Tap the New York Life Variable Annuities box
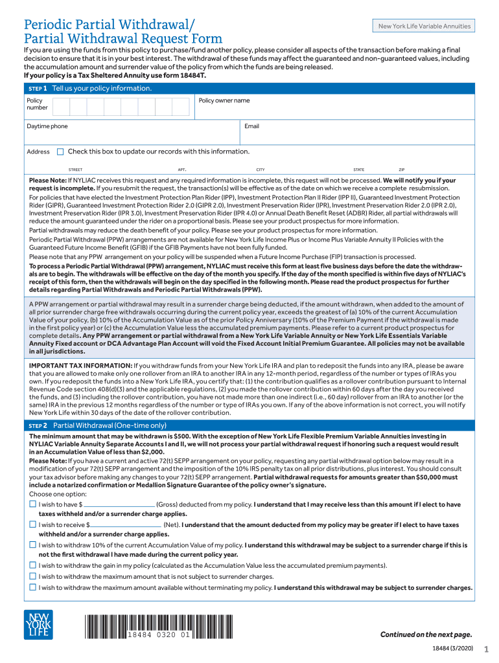[x=425, y=26]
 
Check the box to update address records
[x=60, y=152]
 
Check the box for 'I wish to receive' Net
[x=33, y=525]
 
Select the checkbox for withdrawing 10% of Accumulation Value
[x=33, y=545]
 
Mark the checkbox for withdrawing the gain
[x=33, y=565]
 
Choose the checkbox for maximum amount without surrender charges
[x=33, y=576]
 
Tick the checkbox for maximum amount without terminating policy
[x=33, y=587]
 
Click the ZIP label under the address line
[x=401, y=170]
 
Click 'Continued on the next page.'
[x=426, y=634]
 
